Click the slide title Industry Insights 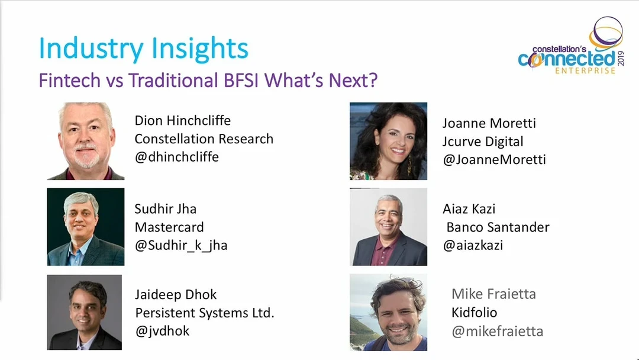pos(143,49)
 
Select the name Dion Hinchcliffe pos(183,120)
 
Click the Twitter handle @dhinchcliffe pos(177,157)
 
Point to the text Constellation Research pos(204,139)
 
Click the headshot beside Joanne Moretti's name pos(388,141)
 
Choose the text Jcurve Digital pos(483,142)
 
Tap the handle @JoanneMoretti pos(494,159)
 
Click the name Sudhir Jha pos(166,209)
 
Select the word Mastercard pos(169,227)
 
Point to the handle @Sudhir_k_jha pos(181,246)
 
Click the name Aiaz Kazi pos(469,209)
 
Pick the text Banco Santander pos(498,227)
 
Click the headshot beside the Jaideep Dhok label pos(85,312)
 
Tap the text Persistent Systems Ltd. pos(205,313)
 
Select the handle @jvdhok pos(162,330)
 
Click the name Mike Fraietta pos(493,294)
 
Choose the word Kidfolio pos(475,312)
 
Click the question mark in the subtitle pos(372,81)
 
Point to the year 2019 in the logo pos(621,58)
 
